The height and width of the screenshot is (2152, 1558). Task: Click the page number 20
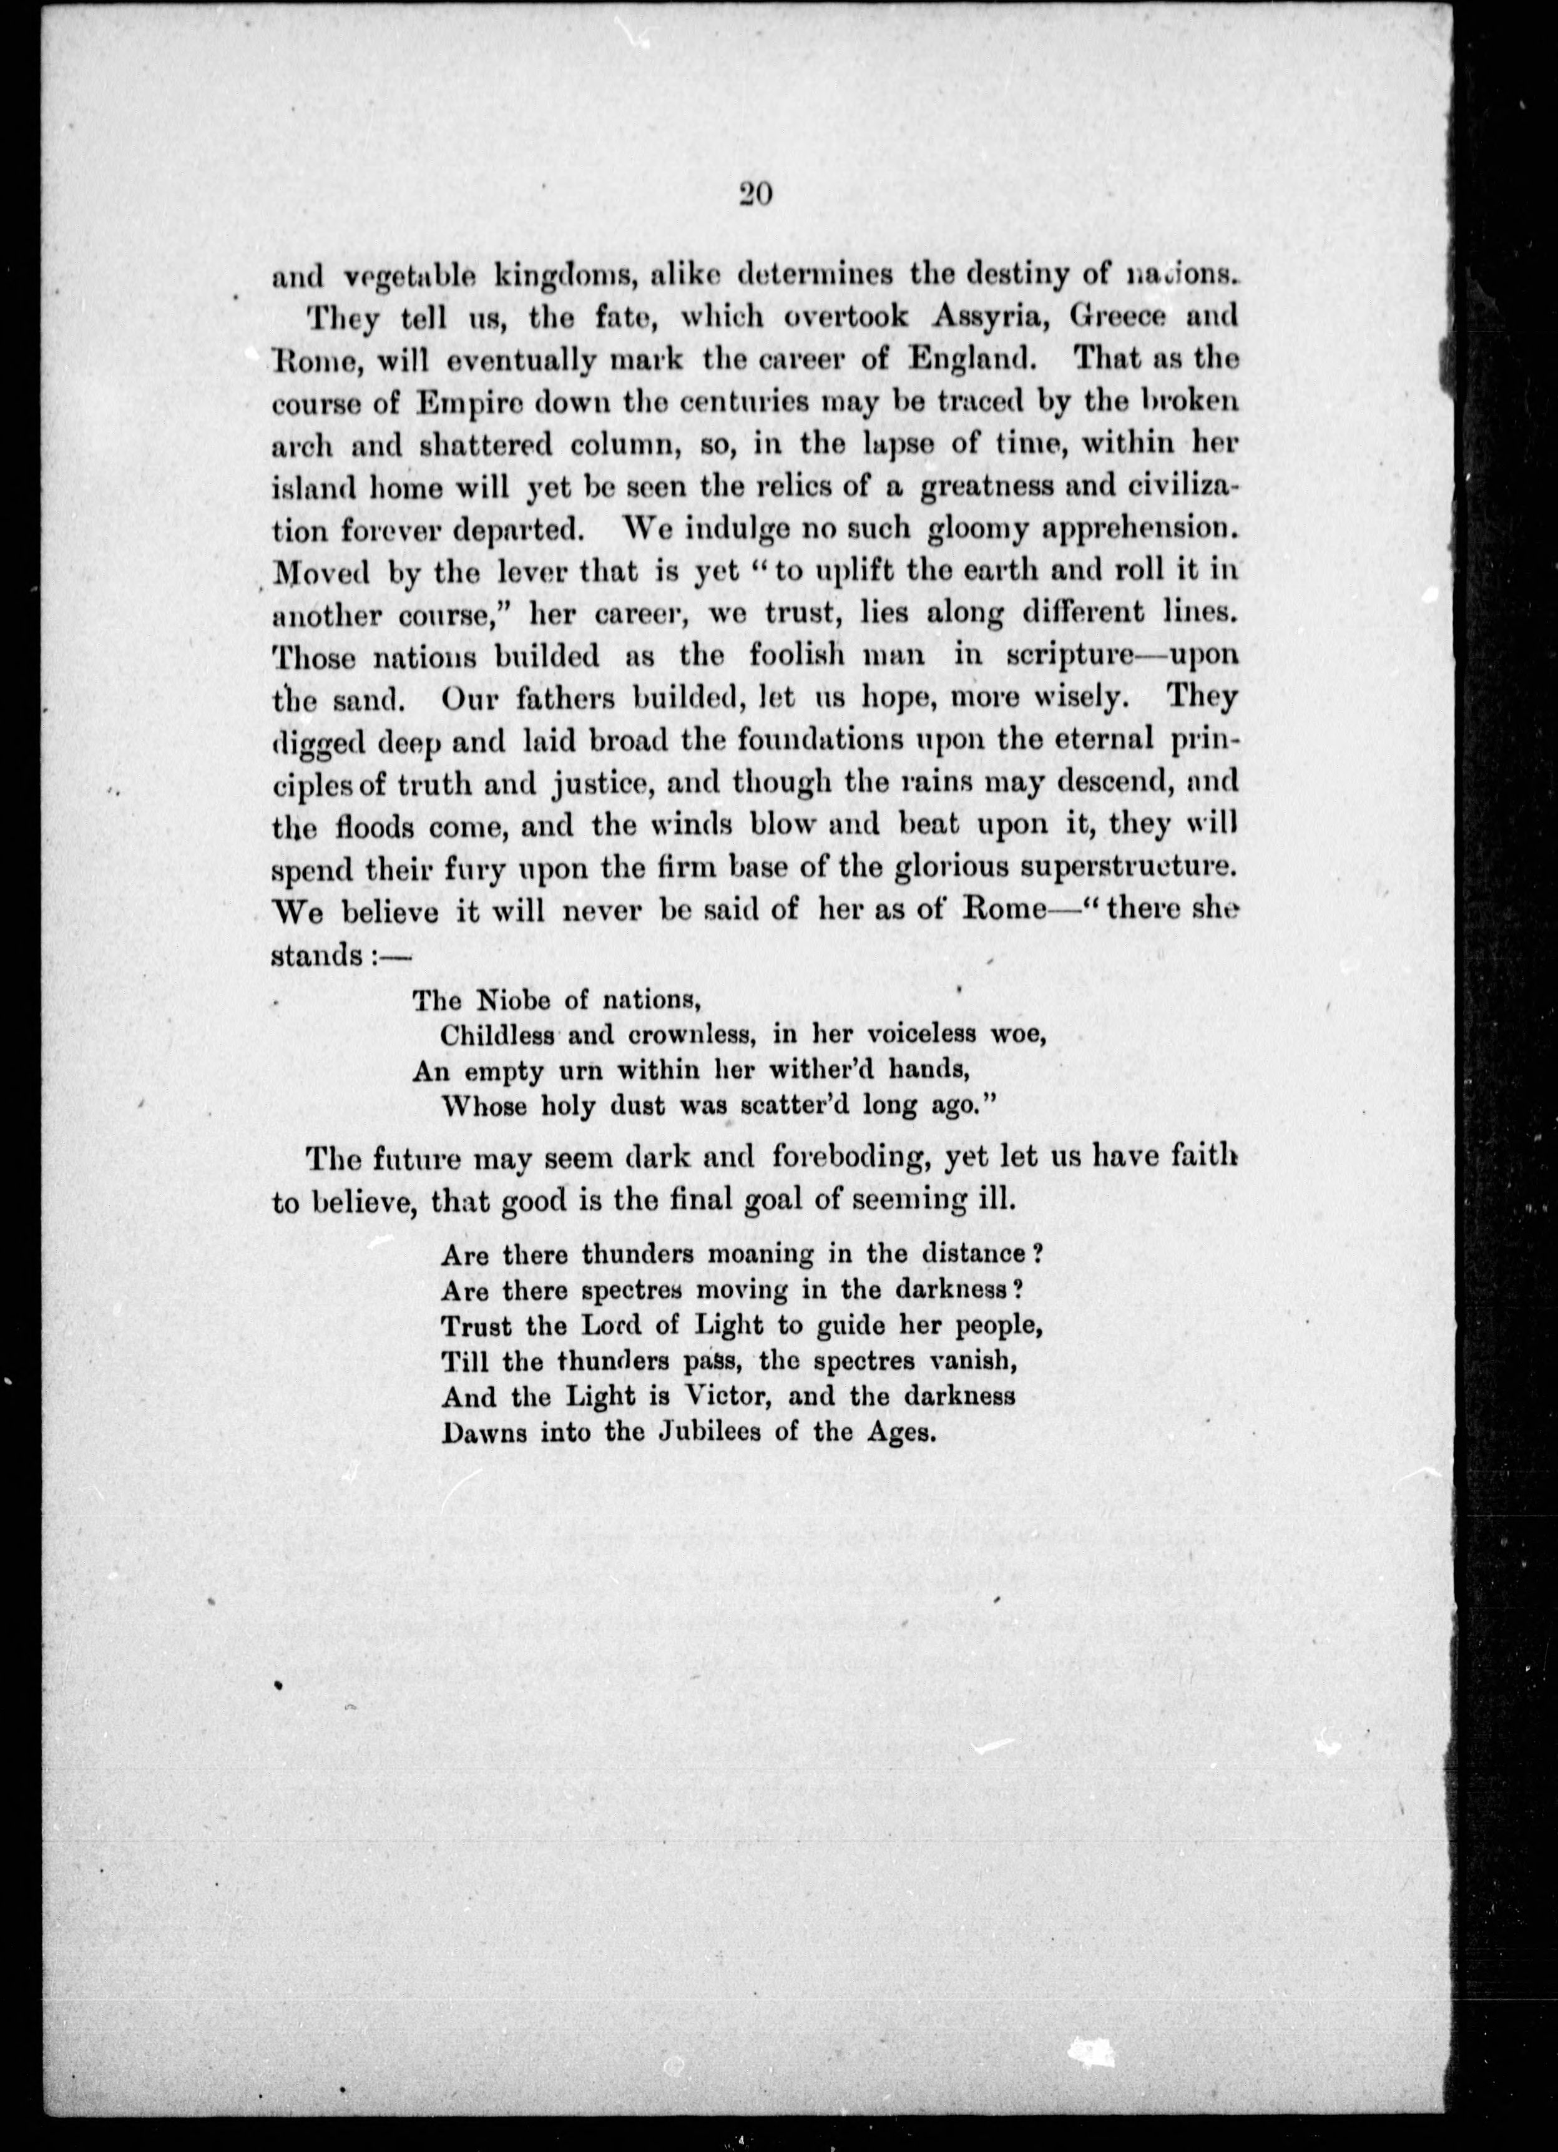pos(757,195)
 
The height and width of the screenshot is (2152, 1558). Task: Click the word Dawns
pos(482,1431)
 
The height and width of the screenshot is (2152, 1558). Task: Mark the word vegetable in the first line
pos(408,277)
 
